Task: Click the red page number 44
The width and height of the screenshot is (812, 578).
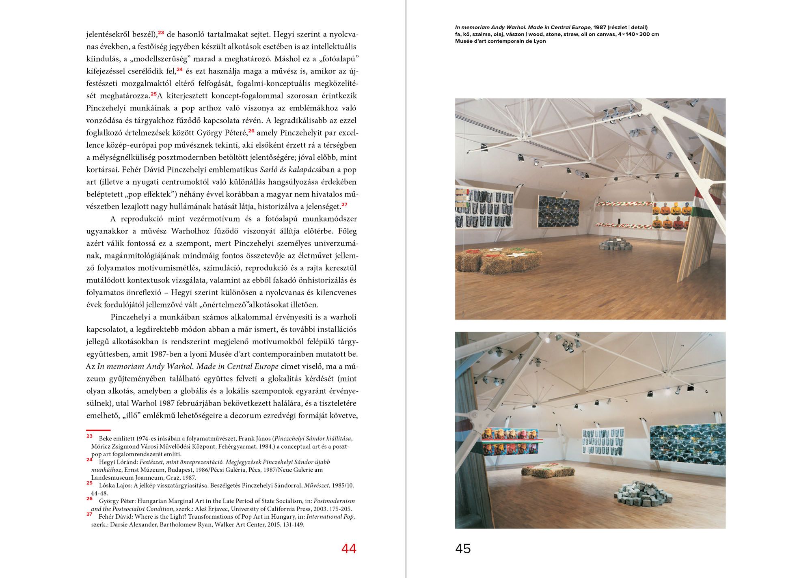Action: tap(349, 549)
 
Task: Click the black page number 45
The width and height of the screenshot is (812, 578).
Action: tap(463, 549)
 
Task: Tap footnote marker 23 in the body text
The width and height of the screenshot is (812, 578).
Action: tap(161, 33)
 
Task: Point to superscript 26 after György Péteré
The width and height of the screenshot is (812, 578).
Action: tap(251, 131)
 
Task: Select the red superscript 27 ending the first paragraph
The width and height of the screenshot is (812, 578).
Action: tap(344, 205)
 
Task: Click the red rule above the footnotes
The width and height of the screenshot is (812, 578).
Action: tap(98, 430)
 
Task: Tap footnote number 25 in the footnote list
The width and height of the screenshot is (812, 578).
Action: tap(89, 483)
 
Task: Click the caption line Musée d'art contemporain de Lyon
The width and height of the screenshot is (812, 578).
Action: tap(500, 41)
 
